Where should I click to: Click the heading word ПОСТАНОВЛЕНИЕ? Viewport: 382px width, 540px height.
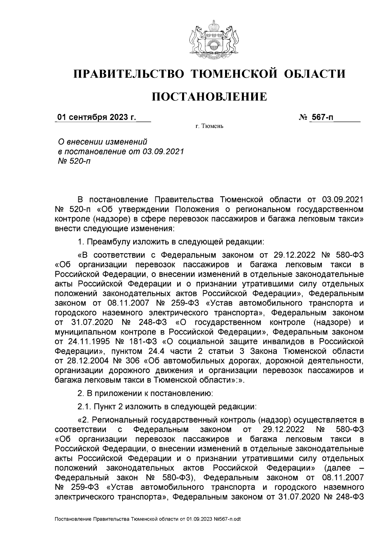pos(209,96)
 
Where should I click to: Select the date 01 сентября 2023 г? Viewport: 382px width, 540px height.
pos(95,117)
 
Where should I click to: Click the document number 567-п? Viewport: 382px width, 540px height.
pos(322,117)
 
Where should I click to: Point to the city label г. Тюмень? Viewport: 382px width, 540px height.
pos(209,127)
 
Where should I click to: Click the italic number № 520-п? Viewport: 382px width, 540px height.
pos(73,161)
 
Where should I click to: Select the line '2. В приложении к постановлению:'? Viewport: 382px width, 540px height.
pos(145,394)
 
